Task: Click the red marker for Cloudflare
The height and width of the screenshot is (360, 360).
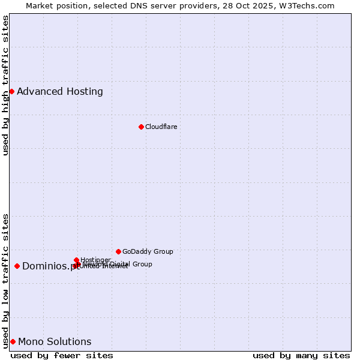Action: tap(141, 127)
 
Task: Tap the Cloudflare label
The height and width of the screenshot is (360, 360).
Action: tap(161, 127)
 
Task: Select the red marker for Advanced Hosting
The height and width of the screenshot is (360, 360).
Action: tap(11, 91)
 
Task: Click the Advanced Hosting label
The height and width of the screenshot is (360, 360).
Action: tap(60, 92)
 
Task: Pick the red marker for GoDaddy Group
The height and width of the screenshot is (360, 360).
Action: tap(118, 251)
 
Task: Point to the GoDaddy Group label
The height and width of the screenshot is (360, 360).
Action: tap(148, 251)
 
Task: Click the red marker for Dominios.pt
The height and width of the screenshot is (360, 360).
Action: tap(17, 266)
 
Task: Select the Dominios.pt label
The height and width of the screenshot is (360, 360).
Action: tap(50, 266)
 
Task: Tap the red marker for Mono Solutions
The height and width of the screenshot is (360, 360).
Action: tap(13, 341)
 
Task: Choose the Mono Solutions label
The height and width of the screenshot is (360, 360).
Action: tap(55, 342)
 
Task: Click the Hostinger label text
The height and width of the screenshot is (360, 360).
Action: tap(95, 260)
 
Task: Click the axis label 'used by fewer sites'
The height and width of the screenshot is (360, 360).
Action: tap(62, 355)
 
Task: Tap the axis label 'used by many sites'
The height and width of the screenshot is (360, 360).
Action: tap(301, 355)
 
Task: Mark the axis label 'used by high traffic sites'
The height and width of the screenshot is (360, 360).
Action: tap(5, 85)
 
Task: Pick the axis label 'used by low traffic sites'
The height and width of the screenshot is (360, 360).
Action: tap(5, 280)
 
